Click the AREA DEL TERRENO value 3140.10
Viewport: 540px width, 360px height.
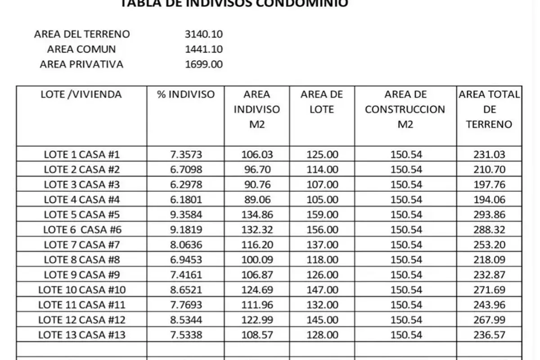[x=203, y=34]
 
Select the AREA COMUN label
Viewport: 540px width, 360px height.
[x=81, y=49]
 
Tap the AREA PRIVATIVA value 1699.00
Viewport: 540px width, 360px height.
[x=203, y=64]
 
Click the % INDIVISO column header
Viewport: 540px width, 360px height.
[x=186, y=94]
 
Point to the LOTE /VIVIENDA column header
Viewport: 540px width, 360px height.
[x=81, y=94]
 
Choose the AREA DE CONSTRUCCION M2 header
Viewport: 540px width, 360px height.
[x=405, y=109]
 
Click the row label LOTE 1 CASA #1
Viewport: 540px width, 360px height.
[x=82, y=155]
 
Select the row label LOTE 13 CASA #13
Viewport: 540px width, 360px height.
[x=82, y=335]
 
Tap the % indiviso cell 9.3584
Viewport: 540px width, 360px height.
[x=186, y=215]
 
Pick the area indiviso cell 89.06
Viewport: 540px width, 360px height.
[x=256, y=200]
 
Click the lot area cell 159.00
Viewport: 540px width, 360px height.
[x=322, y=215]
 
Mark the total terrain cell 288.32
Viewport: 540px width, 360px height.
[x=489, y=230]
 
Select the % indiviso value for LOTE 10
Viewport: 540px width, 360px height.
[x=186, y=290]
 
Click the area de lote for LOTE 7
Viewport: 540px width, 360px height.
[x=322, y=245]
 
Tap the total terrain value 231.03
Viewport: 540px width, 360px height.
[x=489, y=155]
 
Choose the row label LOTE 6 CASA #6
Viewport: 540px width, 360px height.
[x=82, y=230]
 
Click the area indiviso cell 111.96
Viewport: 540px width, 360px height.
[x=256, y=305]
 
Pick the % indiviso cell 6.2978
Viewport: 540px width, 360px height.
[x=186, y=184]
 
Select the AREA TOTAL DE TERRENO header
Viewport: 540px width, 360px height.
[x=489, y=109]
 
